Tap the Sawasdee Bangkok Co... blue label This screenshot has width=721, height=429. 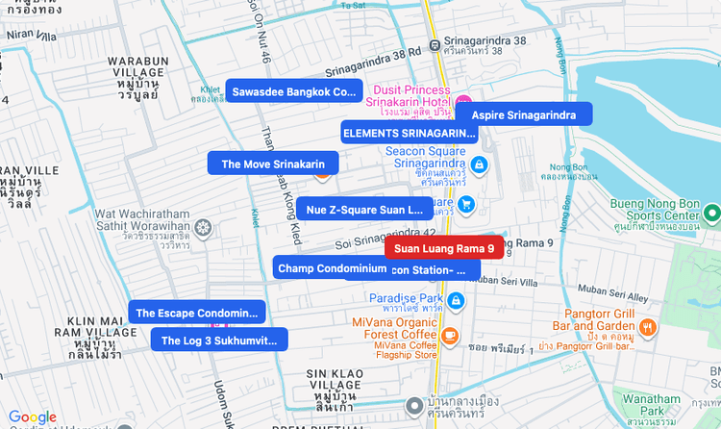(x=293, y=92)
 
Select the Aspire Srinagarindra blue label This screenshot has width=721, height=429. (x=523, y=115)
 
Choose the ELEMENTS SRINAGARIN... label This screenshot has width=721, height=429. (x=410, y=133)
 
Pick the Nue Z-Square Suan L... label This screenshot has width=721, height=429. (x=364, y=209)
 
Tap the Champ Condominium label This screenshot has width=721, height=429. (x=332, y=268)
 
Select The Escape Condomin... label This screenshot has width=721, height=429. (x=197, y=313)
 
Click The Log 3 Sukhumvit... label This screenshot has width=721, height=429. (x=219, y=340)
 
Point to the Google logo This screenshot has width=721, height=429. (x=33, y=416)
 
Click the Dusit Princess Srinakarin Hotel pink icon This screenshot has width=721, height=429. (x=463, y=102)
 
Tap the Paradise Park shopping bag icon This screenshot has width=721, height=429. (x=457, y=302)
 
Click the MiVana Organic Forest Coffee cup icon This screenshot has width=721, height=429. (x=449, y=335)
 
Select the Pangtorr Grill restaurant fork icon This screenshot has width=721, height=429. (x=649, y=327)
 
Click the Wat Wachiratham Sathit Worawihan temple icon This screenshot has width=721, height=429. (x=203, y=228)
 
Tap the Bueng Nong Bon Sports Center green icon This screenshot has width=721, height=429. (x=711, y=213)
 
